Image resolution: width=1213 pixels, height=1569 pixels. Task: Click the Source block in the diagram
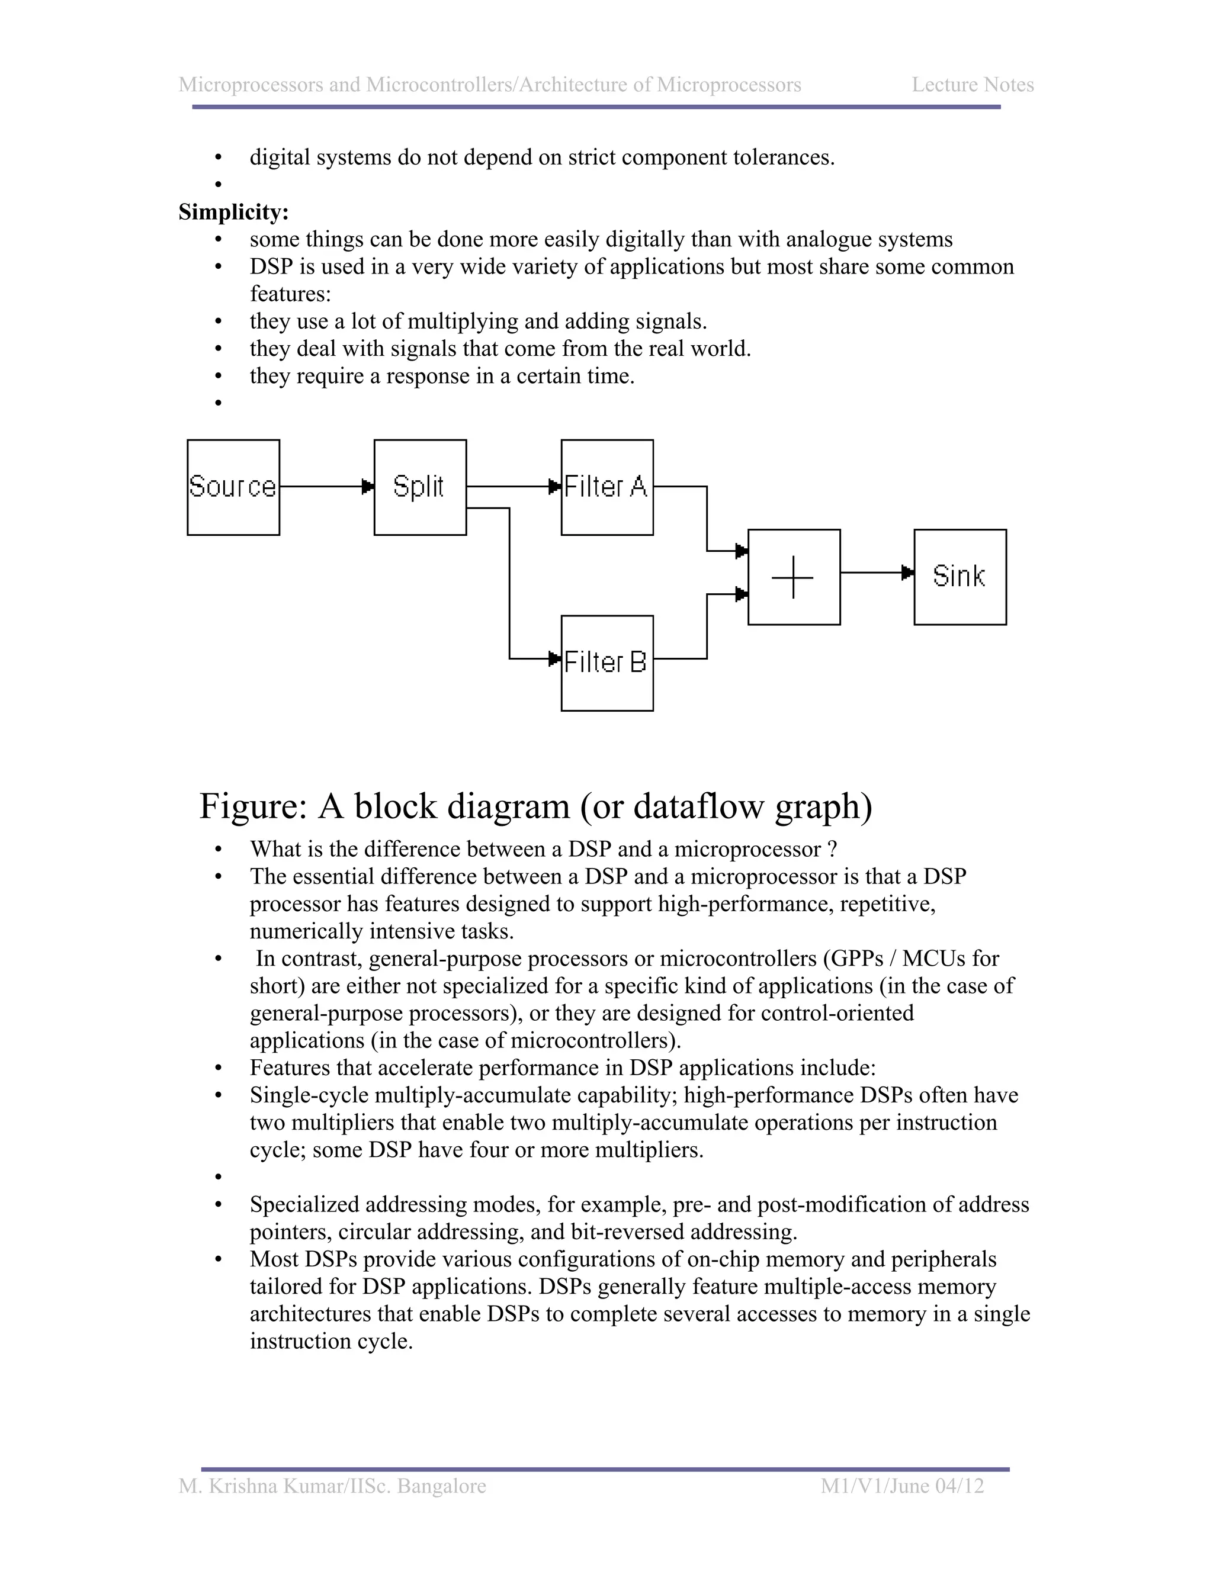pos(233,487)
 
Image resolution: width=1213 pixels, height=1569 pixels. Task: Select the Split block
pos(420,487)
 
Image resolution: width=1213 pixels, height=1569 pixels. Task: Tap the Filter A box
pos(606,487)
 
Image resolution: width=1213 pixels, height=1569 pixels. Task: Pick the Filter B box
pos(606,663)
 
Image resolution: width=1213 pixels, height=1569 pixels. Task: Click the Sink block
pos(960,576)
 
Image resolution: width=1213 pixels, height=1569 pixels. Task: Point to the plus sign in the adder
pos(792,577)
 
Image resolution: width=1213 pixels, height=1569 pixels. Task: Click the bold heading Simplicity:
pos(233,212)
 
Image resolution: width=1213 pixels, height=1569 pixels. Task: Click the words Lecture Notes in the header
pos(973,85)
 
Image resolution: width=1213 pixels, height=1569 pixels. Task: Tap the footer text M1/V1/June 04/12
pos(902,1486)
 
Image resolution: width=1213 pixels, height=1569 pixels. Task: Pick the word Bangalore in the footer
pos(441,1486)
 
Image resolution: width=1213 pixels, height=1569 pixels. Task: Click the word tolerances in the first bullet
pos(782,157)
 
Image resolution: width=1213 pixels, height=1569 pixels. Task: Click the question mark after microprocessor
pos(832,849)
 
